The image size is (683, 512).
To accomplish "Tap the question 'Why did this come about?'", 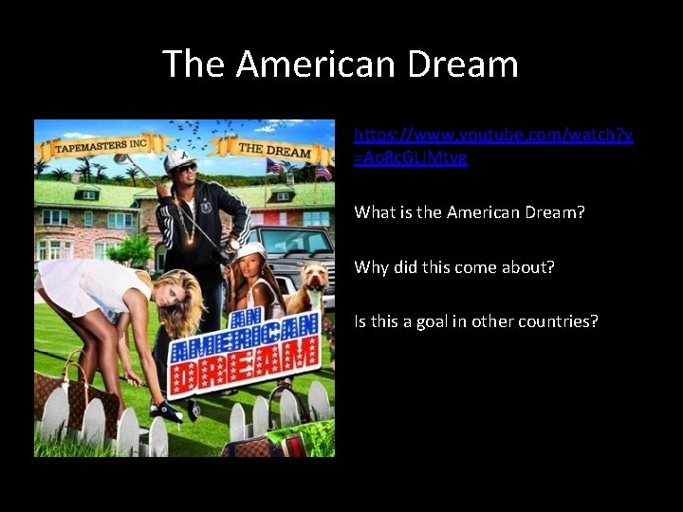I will pyautogui.click(x=454, y=266).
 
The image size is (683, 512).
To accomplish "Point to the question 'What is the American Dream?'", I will pyautogui.click(x=470, y=212).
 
